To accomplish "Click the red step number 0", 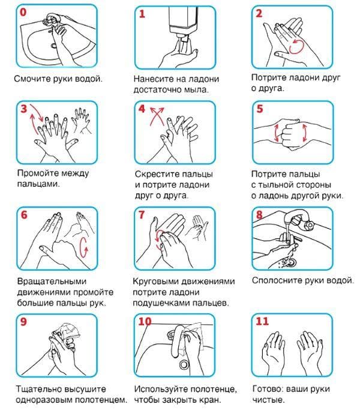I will [x=25, y=12].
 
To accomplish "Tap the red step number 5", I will [x=259, y=109].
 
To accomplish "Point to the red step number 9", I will [x=24, y=321].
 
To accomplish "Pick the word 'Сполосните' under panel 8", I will [x=275, y=280].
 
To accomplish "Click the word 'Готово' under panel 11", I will [x=267, y=388].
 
